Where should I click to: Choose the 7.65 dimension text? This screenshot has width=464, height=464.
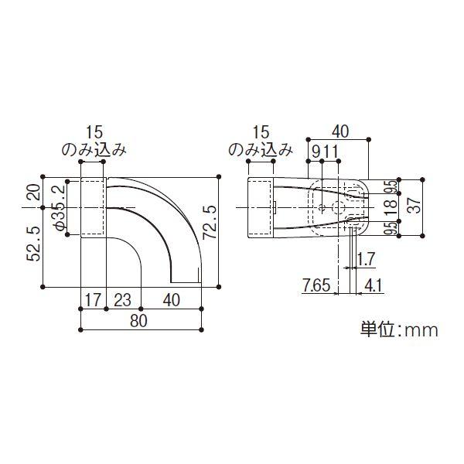point(317,285)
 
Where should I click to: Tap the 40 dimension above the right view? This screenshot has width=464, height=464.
point(342,131)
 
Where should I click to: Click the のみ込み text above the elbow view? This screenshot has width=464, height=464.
point(94,151)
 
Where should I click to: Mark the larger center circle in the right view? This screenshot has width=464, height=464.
point(339,207)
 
